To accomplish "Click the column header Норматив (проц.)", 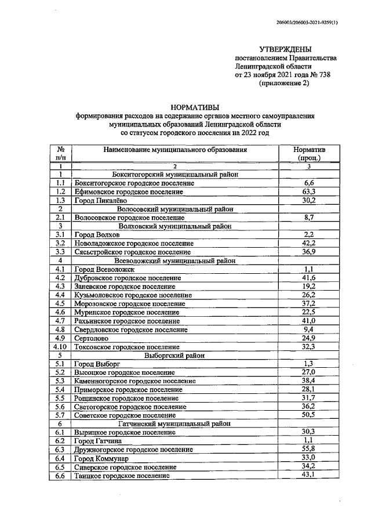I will click(x=310, y=153).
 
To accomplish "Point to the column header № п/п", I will click(x=60, y=153).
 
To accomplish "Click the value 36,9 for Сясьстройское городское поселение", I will click(x=310, y=252).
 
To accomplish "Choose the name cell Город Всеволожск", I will click(x=104, y=269).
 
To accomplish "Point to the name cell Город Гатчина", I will click(x=97, y=441).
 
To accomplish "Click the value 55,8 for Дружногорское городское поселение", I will click(x=310, y=450).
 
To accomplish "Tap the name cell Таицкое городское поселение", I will click(x=122, y=476).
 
